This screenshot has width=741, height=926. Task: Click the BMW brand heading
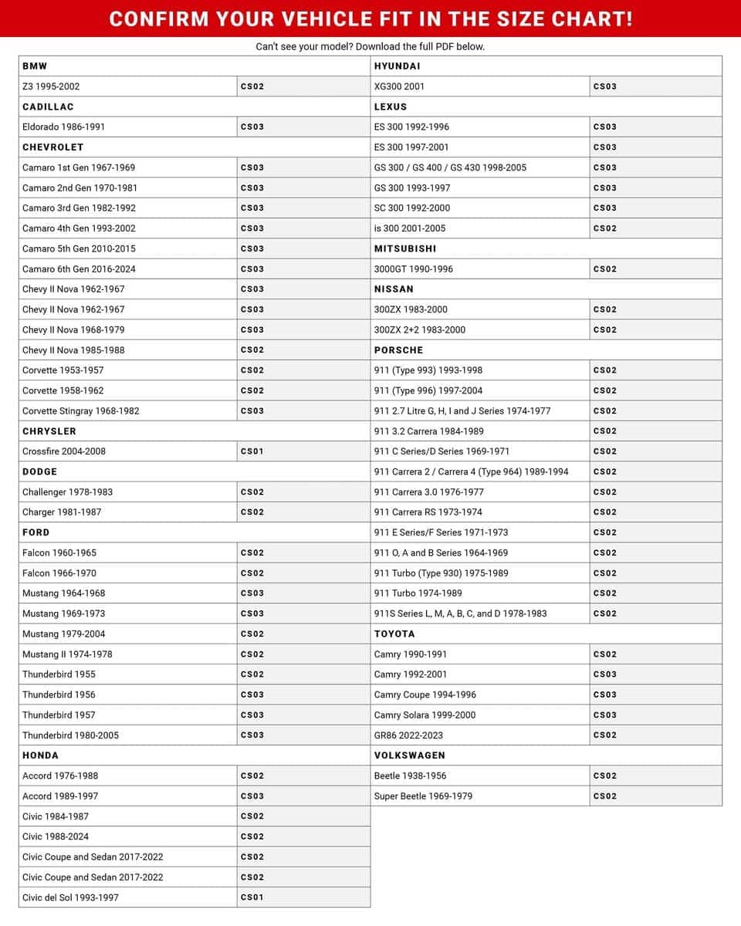(35, 66)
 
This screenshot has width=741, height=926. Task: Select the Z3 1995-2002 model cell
(51, 86)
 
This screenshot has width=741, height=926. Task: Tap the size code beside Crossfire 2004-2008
(252, 451)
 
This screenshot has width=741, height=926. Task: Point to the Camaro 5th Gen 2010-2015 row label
(79, 248)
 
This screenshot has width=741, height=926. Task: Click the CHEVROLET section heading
(52, 147)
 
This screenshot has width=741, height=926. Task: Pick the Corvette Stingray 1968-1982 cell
(81, 411)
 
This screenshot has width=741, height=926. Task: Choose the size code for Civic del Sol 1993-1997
(252, 897)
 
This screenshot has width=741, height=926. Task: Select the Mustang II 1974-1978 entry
(67, 654)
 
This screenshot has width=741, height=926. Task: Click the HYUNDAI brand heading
(397, 66)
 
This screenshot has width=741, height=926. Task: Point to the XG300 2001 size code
(604, 86)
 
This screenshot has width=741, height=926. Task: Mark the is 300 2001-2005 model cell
(409, 228)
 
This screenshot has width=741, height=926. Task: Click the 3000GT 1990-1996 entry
(413, 269)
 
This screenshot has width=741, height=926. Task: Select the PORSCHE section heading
(398, 350)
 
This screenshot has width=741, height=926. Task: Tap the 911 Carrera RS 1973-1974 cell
(428, 512)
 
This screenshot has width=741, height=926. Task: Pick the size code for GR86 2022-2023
(604, 735)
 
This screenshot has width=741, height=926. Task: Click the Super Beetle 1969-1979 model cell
(423, 796)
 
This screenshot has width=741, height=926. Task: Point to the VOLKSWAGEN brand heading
(409, 755)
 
